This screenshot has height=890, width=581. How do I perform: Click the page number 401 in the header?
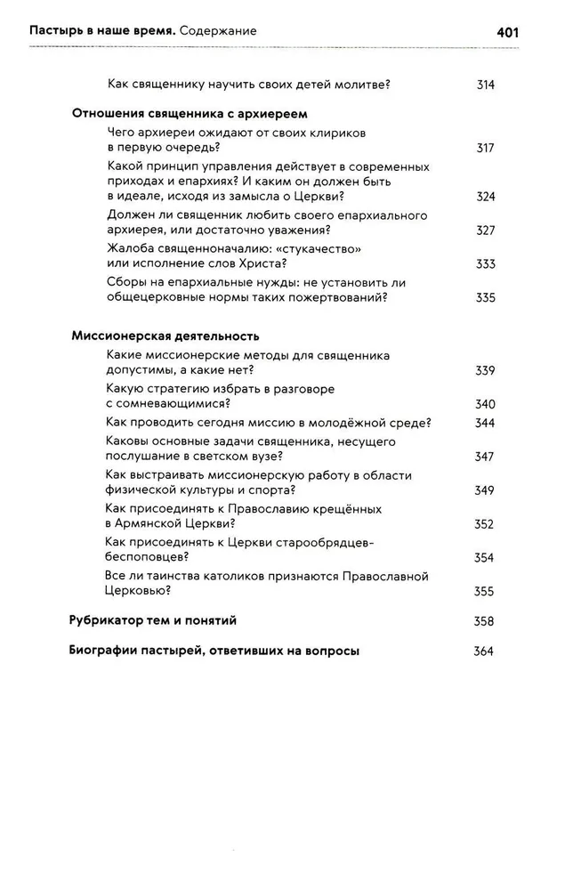507,31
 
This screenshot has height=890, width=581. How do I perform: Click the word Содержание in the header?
217,31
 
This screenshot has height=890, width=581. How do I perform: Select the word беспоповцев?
143,558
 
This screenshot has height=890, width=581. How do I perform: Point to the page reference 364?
484,651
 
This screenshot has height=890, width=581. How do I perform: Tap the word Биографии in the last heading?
102,651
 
